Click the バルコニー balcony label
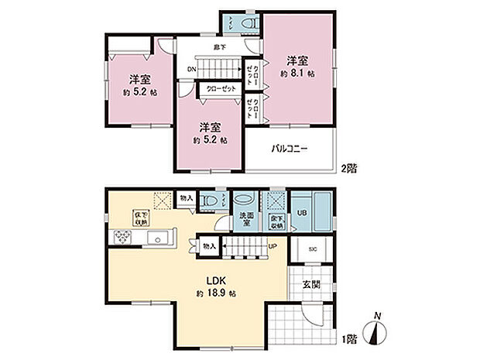point(289,148)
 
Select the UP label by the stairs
point(272,247)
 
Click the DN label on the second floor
point(191,69)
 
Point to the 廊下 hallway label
point(219,47)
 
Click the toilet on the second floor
point(246,24)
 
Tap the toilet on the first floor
point(207,200)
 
